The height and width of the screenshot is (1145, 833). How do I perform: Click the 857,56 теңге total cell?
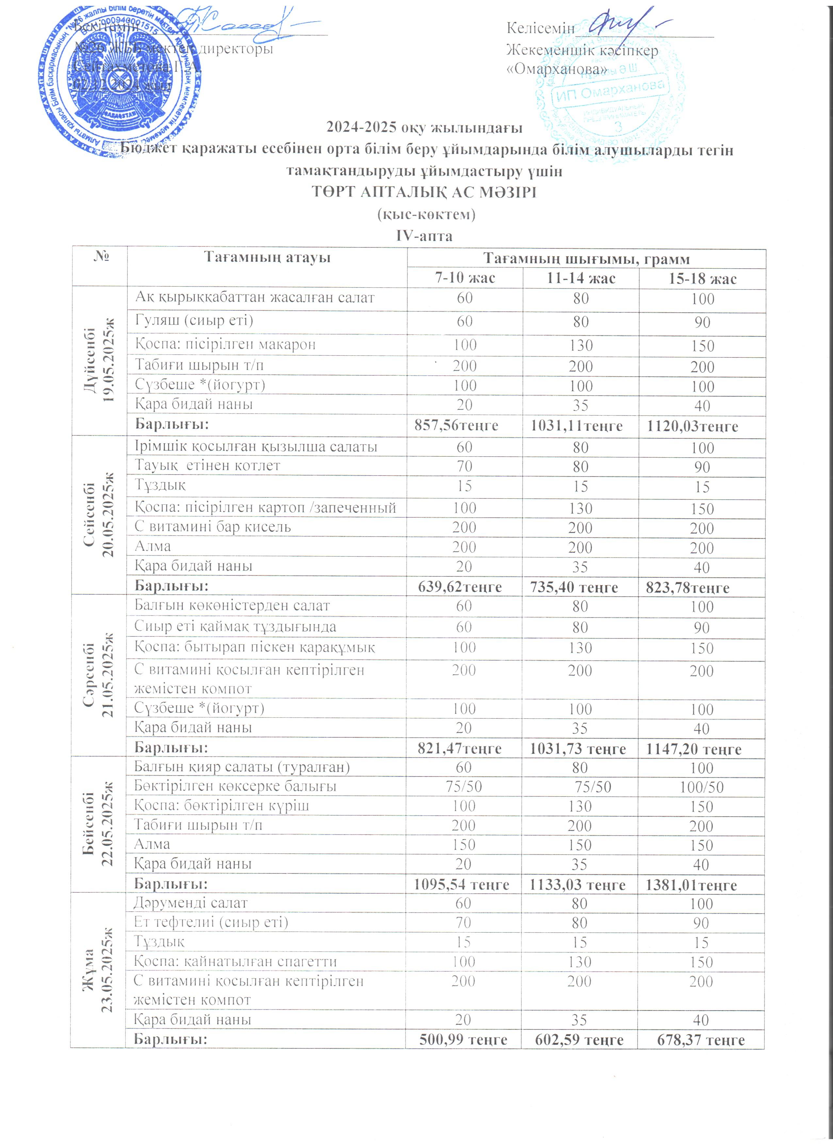click(456, 426)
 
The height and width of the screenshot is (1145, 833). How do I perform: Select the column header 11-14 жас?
click(580, 278)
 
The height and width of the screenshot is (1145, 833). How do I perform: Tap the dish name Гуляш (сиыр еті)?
click(194, 321)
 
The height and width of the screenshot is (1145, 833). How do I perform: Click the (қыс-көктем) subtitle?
click(426, 214)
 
